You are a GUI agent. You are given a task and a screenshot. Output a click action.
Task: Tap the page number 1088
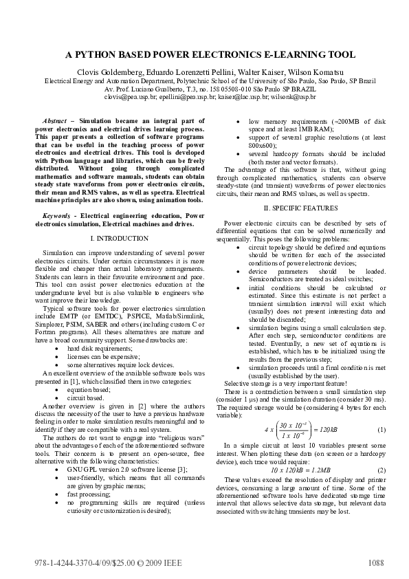tap(375, 562)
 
